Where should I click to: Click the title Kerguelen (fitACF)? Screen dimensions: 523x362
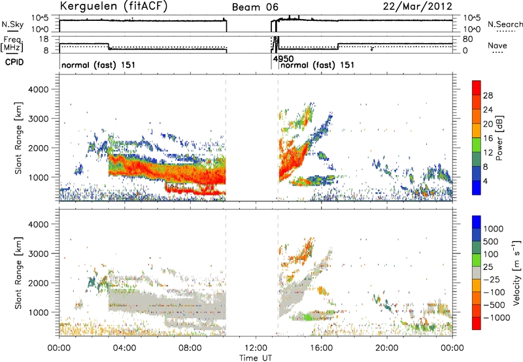tap(113, 6)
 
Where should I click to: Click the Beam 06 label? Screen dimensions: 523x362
tap(255, 7)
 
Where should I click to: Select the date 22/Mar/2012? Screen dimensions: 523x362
tap(418, 7)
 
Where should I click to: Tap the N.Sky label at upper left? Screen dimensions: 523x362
tap(12, 24)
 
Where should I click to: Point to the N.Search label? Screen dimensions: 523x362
tap(505, 24)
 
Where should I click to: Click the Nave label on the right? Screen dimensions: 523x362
tap(498, 45)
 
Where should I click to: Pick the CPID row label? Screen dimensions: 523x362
tap(14, 62)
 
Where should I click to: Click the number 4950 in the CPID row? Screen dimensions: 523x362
tap(283, 59)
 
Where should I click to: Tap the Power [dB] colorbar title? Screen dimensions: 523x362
tap(499, 138)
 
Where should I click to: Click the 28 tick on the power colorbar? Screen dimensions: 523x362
tap(488, 95)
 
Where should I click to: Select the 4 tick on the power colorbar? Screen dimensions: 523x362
tap(485, 181)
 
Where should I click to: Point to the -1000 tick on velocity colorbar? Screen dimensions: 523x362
tap(497, 318)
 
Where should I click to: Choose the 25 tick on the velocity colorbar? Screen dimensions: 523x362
tap(488, 267)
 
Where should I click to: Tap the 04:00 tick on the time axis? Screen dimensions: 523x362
tap(125, 348)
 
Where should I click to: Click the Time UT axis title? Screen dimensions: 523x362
tap(256, 358)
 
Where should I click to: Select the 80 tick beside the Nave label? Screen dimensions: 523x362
tap(468, 39)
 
